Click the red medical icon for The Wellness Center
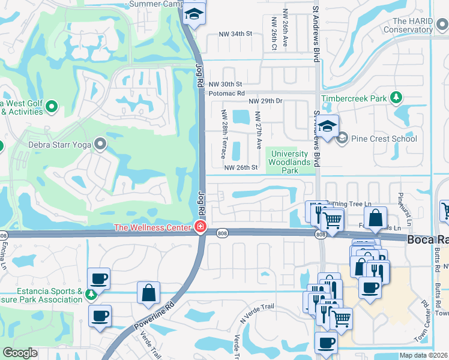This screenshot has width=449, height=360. pos(199,227)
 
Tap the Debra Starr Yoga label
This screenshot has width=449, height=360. pos(59,144)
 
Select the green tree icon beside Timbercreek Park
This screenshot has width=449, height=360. pos(396,98)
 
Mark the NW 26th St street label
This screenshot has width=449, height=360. pos(241,167)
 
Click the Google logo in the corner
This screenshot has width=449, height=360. pos(20,353)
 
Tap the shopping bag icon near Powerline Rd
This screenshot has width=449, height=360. pos(148,293)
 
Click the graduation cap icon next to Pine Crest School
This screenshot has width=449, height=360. pos(328,127)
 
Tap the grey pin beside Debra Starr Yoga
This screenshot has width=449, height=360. pos(100,144)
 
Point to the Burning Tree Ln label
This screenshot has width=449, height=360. pos(348,204)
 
